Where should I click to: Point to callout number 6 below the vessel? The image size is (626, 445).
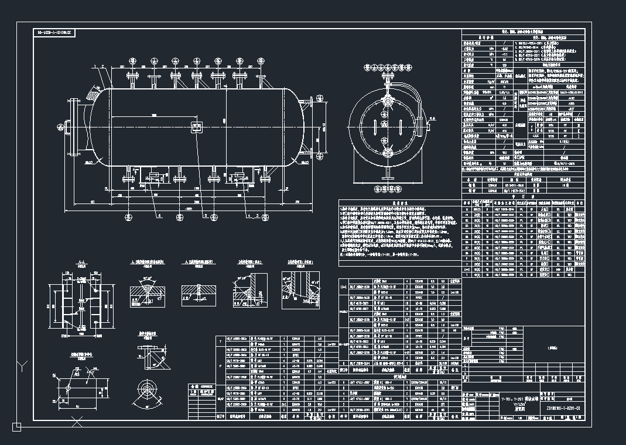(159, 216)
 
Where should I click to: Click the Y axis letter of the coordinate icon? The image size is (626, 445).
(22, 367)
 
